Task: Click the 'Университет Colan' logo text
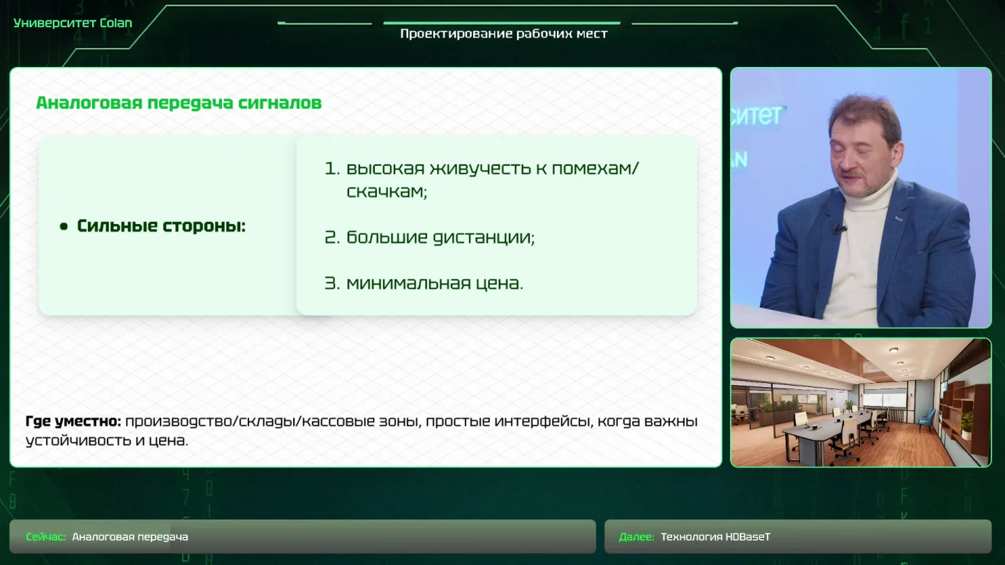coord(73,23)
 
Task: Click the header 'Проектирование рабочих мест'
coord(504,34)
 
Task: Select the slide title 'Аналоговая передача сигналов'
coord(179,103)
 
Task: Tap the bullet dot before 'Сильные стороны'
coord(64,227)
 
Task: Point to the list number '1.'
coord(332,169)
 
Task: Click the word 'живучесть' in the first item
coord(479,169)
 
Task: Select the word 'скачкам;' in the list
coord(387,192)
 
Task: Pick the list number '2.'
coord(332,238)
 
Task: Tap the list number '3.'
coord(332,283)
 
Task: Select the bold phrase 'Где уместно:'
coord(73,421)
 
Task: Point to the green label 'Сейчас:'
coord(46,537)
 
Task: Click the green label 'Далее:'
coord(636,537)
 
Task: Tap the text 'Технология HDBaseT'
coord(715,537)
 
